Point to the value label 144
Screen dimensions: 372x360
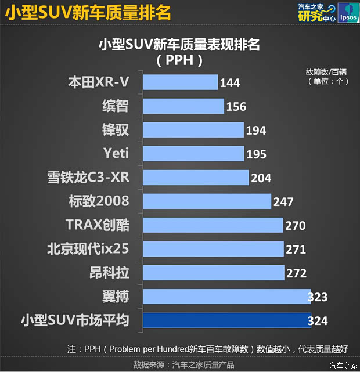[x=230, y=83]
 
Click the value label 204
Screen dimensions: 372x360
[x=261, y=178]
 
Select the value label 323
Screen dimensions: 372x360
[x=317, y=297]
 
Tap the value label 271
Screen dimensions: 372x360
[x=296, y=249]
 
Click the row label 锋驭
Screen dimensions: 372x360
[x=115, y=129]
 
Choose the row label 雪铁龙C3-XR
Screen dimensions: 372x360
[x=88, y=178]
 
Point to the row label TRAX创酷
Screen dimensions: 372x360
[x=97, y=225]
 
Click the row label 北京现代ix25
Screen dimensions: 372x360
[x=88, y=249]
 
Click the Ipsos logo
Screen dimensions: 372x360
[x=347, y=13]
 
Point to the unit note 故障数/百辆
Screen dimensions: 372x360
[x=326, y=72]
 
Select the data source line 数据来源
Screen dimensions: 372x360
[x=183, y=364]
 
